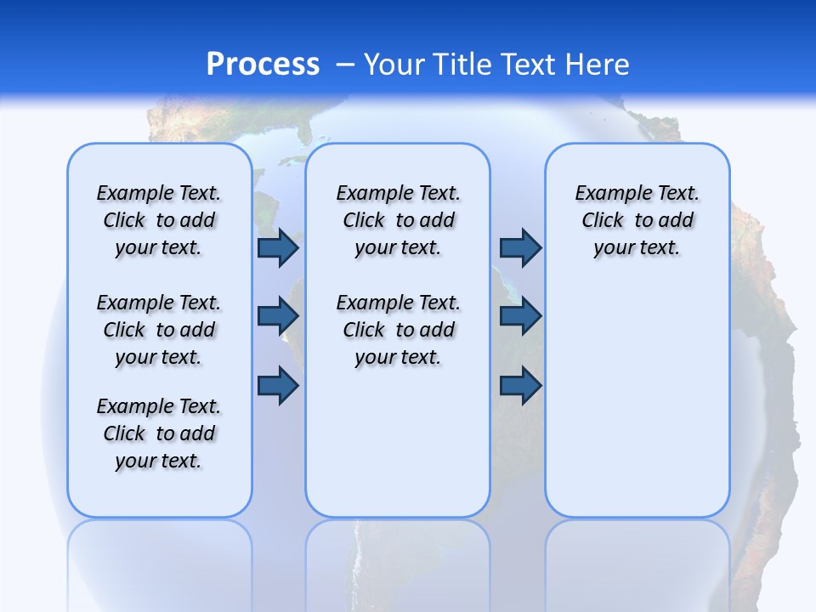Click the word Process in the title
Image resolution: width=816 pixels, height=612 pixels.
click(263, 65)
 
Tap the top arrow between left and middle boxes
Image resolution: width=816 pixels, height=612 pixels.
click(278, 247)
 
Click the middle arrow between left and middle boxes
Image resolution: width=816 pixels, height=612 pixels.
click(278, 316)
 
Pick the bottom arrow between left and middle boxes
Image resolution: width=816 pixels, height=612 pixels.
click(278, 386)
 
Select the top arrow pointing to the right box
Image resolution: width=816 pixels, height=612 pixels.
click(520, 247)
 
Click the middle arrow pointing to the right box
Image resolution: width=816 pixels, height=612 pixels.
click(520, 316)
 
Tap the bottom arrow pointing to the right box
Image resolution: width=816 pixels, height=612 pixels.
click(520, 386)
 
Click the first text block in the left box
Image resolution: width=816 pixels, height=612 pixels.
click(159, 220)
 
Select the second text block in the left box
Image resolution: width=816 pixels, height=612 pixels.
click(159, 330)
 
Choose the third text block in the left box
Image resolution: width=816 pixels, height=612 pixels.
click(159, 433)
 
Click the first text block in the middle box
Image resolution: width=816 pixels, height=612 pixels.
click(398, 220)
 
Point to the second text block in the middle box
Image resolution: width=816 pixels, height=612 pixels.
click(398, 330)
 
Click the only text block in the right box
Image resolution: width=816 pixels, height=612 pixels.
click(637, 220)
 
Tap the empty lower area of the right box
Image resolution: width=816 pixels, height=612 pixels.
click(637, 408)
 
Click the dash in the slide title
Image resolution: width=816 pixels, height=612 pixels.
click(345, 65)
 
